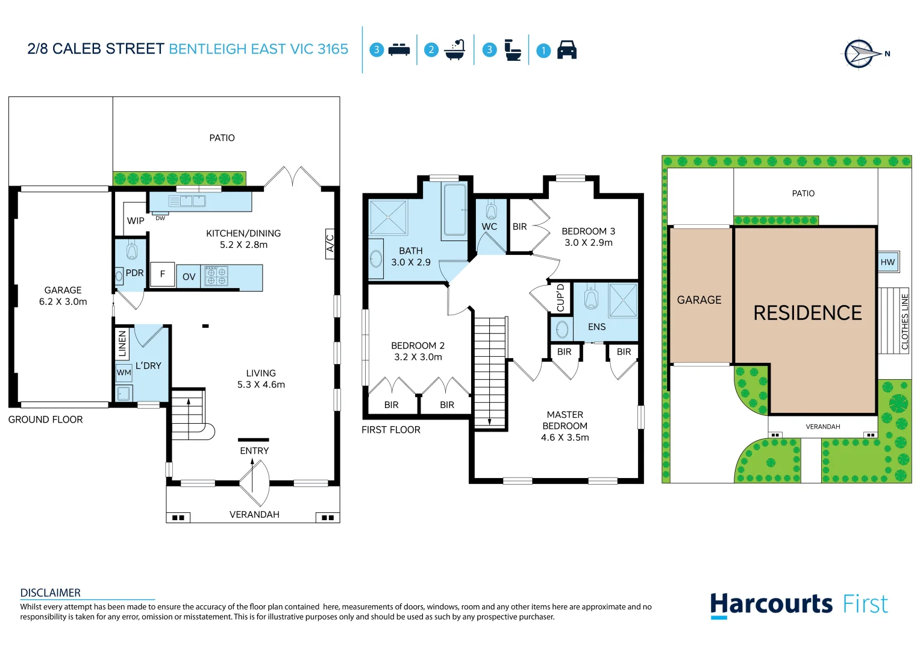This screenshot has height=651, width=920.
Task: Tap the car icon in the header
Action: tap(566, 50)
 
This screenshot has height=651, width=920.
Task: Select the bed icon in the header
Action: tap(399, 50)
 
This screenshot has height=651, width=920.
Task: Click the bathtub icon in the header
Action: tap(455, 50)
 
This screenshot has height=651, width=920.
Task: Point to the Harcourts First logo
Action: tap(798, 605)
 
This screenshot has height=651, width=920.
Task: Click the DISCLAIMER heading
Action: tap(51, 593)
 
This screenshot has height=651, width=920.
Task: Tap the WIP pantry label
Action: tap(136, 221)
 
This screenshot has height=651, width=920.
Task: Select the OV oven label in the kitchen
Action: tap(189, 277)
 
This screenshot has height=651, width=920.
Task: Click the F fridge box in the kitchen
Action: tap(163, 274)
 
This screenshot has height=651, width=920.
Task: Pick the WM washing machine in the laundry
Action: tap(124, 373)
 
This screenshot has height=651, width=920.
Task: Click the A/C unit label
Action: tap(330, 244)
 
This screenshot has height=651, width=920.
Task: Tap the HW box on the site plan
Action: tap(887, 262)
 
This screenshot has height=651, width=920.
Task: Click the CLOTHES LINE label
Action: tap(904, 321)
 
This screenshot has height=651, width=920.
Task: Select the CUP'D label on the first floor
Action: tap(560, 298)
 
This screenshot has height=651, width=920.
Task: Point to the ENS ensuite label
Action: tap(596, 327)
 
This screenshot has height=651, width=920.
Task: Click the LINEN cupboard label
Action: tap(122, 344)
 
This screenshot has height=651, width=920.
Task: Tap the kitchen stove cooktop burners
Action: tap(216, 276)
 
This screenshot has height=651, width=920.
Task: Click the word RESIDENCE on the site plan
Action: tap(807, 313)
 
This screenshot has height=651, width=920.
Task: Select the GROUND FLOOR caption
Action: tap(46, 420)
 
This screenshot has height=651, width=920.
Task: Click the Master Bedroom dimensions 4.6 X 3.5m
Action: tap(565, 438)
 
